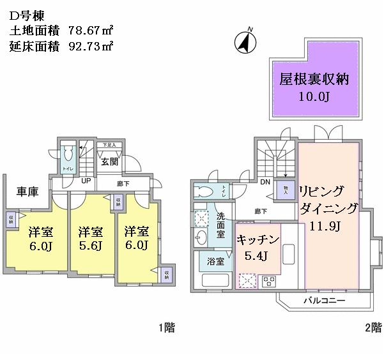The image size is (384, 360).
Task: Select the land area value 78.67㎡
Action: [x=91, y=29]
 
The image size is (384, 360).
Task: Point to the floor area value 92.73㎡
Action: [x=91, y=45]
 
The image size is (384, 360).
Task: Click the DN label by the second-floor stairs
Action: [x=265, y=182]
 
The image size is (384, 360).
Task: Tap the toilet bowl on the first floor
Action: [x=67, y=155]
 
